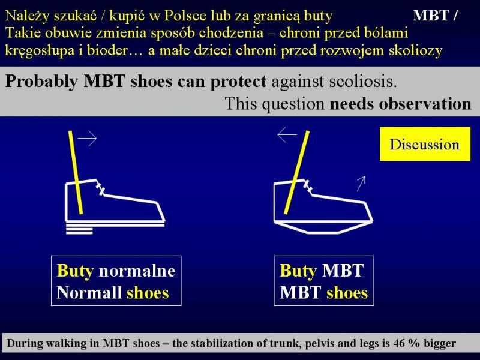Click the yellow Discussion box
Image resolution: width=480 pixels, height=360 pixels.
click(425, 144)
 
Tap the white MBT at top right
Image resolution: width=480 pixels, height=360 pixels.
click(431, 16)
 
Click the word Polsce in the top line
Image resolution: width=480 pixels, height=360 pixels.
click(185, 16)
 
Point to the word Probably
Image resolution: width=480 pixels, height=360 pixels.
click(41, 82)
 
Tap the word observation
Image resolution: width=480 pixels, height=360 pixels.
click(425, 104)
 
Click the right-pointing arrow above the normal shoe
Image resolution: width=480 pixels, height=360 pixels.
click(87, 139)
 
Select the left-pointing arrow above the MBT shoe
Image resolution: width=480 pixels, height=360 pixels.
click(287, 134)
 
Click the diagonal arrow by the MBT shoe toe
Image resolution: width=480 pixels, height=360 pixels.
click(361, 184)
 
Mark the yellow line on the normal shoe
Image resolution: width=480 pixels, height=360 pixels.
click(76, 172)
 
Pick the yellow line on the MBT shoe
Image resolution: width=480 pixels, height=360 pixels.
click(296, 172)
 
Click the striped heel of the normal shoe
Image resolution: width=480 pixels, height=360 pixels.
click(79, 230)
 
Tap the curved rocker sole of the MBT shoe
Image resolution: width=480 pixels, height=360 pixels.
click(323, 228)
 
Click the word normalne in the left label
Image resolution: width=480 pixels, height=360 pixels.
click(137, 271)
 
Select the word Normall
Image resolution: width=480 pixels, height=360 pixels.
click(89, 292)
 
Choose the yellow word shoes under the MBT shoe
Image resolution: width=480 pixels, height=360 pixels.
click(347, 293)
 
